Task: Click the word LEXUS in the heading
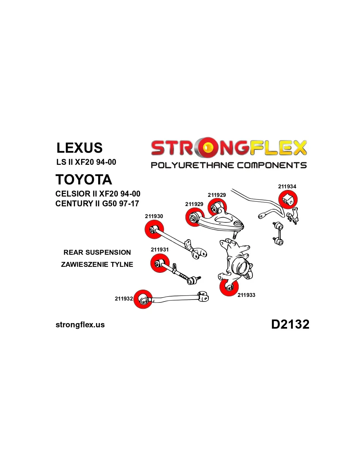80,148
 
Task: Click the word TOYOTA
84,180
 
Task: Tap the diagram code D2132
290,324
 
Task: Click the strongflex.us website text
80,325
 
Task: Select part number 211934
287,186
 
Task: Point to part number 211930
154,216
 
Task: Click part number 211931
160,250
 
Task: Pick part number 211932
124,299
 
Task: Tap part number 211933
246,295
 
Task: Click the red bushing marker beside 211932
143,299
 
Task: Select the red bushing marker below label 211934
288,199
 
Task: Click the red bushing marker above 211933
229,287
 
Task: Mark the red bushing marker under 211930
154,230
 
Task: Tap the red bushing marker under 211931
160,263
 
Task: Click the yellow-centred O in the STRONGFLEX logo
207,148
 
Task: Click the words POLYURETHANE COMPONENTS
228,165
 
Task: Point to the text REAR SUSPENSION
97,252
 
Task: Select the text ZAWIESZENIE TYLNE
97,264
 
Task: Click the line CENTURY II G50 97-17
97,203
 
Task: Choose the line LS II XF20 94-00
86,162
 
